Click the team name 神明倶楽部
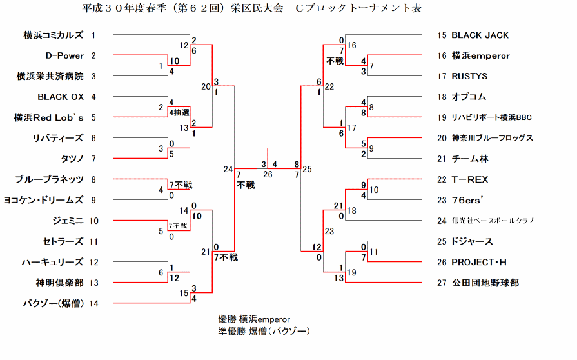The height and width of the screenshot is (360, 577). click(59, 283)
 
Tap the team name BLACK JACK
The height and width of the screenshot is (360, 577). click(480, 35)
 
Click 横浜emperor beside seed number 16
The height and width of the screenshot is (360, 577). click(481, 55)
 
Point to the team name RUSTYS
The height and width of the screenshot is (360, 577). click(469, 76)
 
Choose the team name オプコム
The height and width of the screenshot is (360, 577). click(469, 97)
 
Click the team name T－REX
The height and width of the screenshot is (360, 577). click(472, 179)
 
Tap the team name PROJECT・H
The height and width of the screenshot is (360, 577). click(479, 262)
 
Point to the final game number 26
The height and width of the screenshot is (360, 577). click(268, 174)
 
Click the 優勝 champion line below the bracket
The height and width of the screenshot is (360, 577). click(254, 319)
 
